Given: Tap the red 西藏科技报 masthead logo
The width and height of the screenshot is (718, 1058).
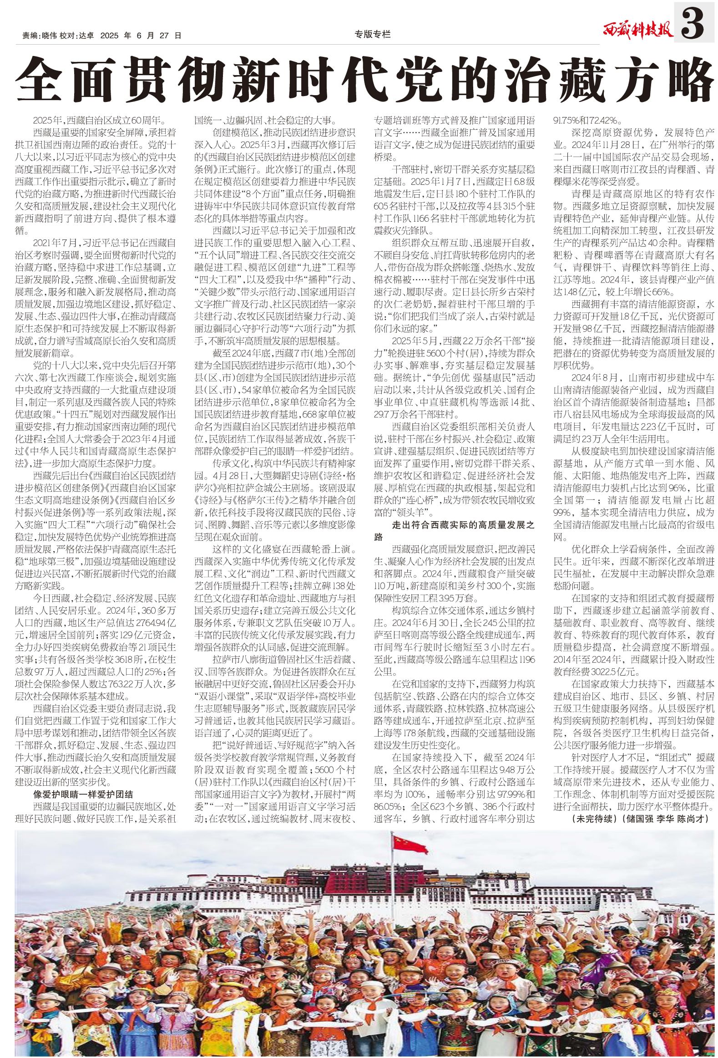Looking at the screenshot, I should (637, 31).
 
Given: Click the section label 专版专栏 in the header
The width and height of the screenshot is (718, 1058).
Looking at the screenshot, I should (372, 34).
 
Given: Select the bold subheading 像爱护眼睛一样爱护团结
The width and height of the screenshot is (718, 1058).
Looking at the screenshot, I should (83, 794).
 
